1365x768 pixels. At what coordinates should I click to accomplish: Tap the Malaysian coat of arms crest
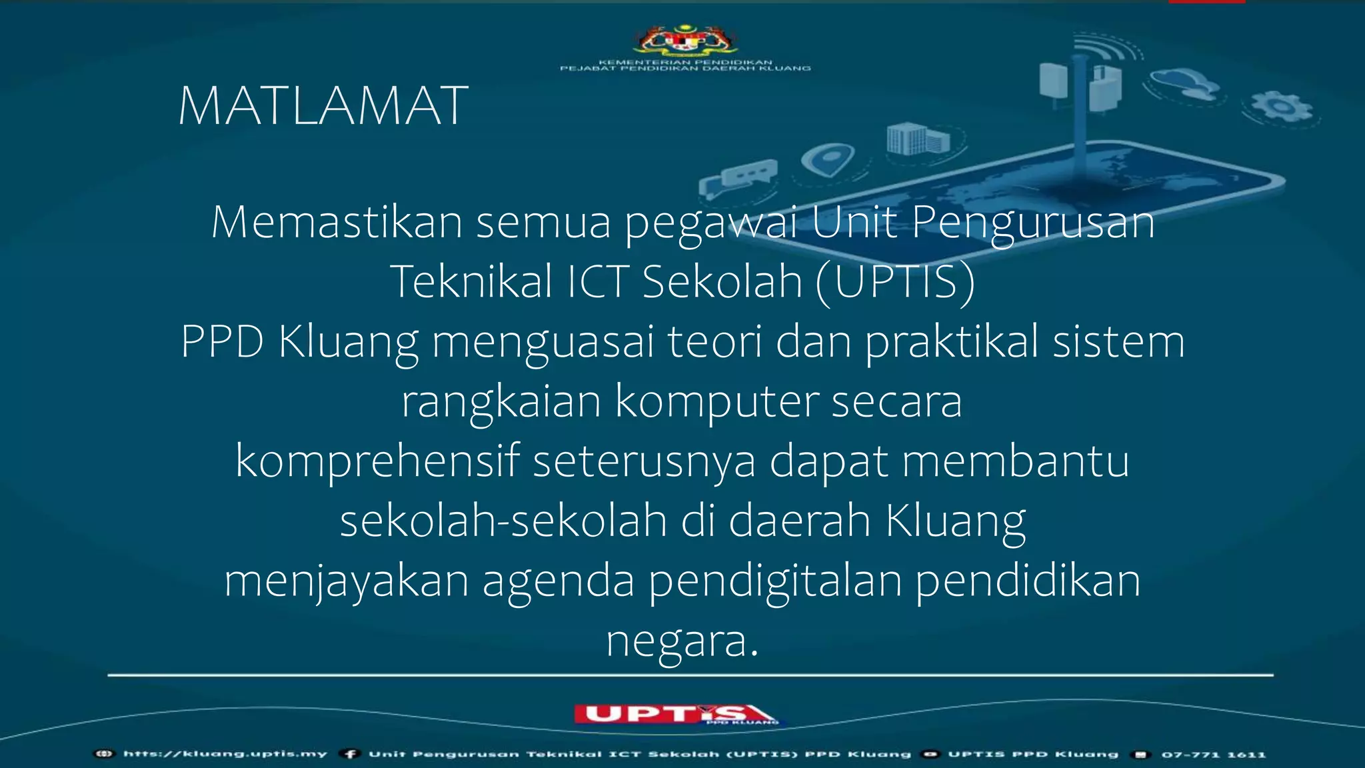click(x=685, y=40)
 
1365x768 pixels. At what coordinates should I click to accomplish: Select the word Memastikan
click(x=337, y=222)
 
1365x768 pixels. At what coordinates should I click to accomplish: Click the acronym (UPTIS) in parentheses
click(x=895, y=282)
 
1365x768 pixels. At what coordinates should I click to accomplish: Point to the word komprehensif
click(x=377, y=461)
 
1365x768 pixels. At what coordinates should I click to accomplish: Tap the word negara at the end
click(x=681, y=641)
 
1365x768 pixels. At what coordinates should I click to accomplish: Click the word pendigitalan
click(x=774, y=581)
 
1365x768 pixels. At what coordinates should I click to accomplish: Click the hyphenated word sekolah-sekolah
click(x=503, y=521)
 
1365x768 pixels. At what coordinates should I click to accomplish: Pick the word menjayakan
click(x=347, y=581)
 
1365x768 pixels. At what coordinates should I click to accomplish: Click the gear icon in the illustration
click(x=1281, y=107)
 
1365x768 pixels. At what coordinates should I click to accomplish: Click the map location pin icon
click(x=828, y=160)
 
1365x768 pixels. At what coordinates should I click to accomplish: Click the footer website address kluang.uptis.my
click(x=225, y=754)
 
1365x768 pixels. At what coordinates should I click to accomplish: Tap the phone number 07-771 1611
click(x=1213, y=755)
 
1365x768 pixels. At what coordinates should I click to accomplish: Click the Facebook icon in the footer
click(x=350, y=754)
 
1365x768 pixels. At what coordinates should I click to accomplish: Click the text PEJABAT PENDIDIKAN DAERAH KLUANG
click(x=685, y=69)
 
